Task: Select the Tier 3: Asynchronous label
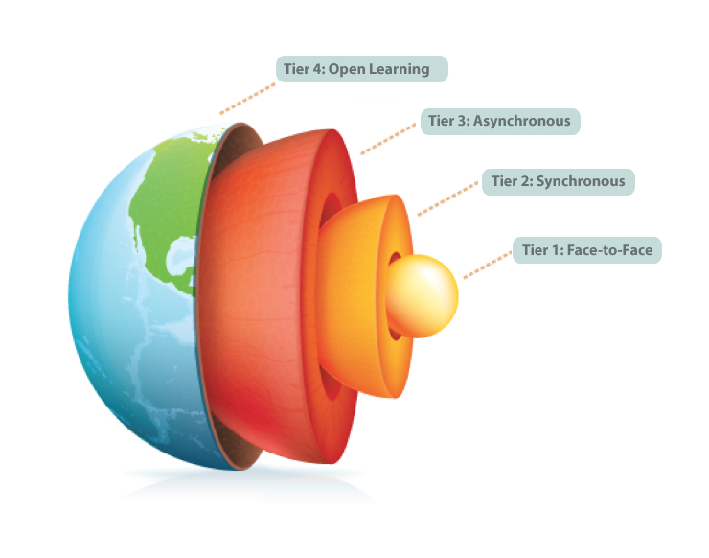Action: (x=500, y=122)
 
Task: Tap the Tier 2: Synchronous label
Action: (x=558, y=181)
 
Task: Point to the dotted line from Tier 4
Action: (x=249, y=97)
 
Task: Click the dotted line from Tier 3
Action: (x=389, y=136)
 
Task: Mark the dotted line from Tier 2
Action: (x=448, y=198)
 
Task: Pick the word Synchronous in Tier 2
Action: (x=580, y=181)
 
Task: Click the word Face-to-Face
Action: (x=611, y=251)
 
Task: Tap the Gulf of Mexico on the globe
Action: (x=178, y=254)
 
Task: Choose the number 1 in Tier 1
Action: (x=553, y=251)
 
